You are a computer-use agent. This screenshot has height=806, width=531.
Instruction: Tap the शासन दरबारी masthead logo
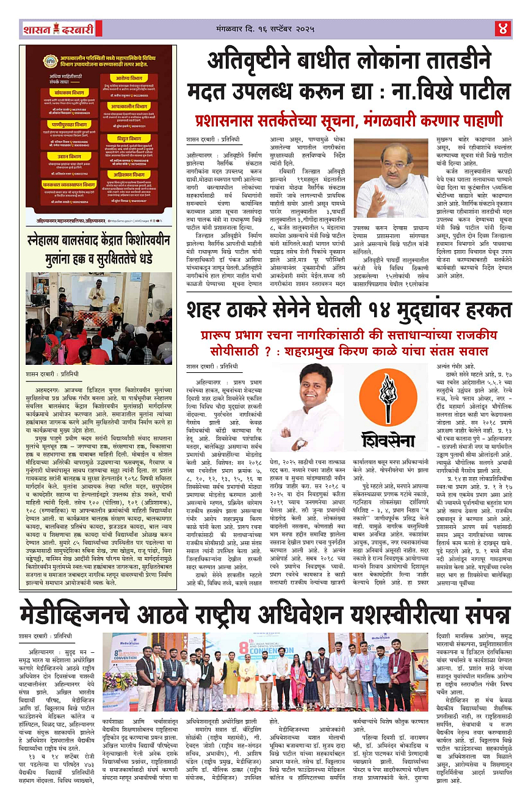pyautogui.click(x=59, y=28)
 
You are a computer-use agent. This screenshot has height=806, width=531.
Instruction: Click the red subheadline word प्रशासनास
pyautogui.click(x=229, y=118)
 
